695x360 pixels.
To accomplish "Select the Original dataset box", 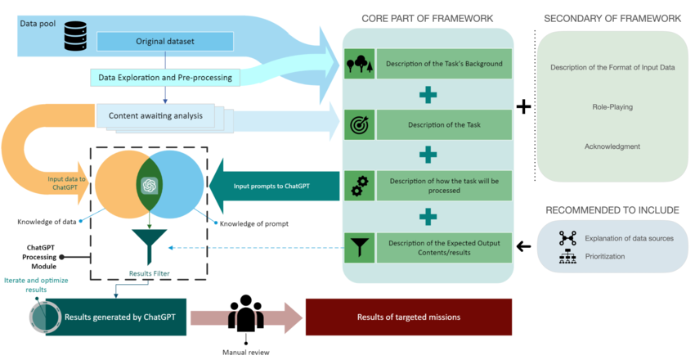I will click(165, 41).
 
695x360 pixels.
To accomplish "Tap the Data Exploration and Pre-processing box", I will click(164, 78).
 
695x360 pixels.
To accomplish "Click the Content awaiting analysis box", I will click(155, 115).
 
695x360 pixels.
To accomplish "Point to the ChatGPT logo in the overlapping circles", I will click(149, 186).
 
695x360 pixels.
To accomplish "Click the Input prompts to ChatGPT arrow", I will click(274, 186).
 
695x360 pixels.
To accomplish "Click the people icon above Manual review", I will click(245, 313).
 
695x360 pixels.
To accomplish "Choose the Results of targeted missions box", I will click(408, 316).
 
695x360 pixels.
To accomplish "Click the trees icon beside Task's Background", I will click(359, 64).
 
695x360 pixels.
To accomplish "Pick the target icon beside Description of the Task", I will click(359, 125).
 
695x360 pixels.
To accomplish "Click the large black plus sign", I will click(523, 107).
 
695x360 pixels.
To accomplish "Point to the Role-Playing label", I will click(612, 107).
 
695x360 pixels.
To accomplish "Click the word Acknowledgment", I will click(612, 146).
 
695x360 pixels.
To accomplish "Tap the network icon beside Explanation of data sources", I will click(567, 238).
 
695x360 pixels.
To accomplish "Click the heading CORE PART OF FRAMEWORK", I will click(427, 18).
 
